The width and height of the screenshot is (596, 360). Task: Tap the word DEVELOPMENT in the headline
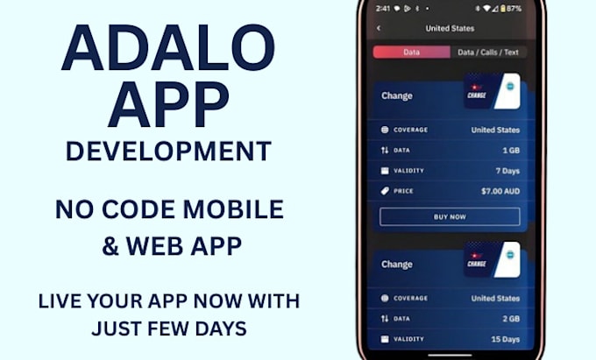point(168,151)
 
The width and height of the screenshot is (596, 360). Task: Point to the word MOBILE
point(240,209)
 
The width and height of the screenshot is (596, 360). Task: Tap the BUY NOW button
point(449,217)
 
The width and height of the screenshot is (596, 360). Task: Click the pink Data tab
point(411,53)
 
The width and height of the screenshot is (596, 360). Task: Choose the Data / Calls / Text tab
point(487,53)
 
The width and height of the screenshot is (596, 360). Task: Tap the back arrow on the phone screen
point(379,28)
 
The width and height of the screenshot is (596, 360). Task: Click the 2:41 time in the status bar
point(383,8)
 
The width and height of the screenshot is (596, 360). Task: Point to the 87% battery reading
point(514,8)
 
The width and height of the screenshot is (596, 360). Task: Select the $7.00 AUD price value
point(500,191)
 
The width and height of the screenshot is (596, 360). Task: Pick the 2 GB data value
point(509,319)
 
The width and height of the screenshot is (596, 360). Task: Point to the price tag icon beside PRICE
point(384,191)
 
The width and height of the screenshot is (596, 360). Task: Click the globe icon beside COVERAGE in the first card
point(384,131)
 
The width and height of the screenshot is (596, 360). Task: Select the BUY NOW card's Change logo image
point(492,92)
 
